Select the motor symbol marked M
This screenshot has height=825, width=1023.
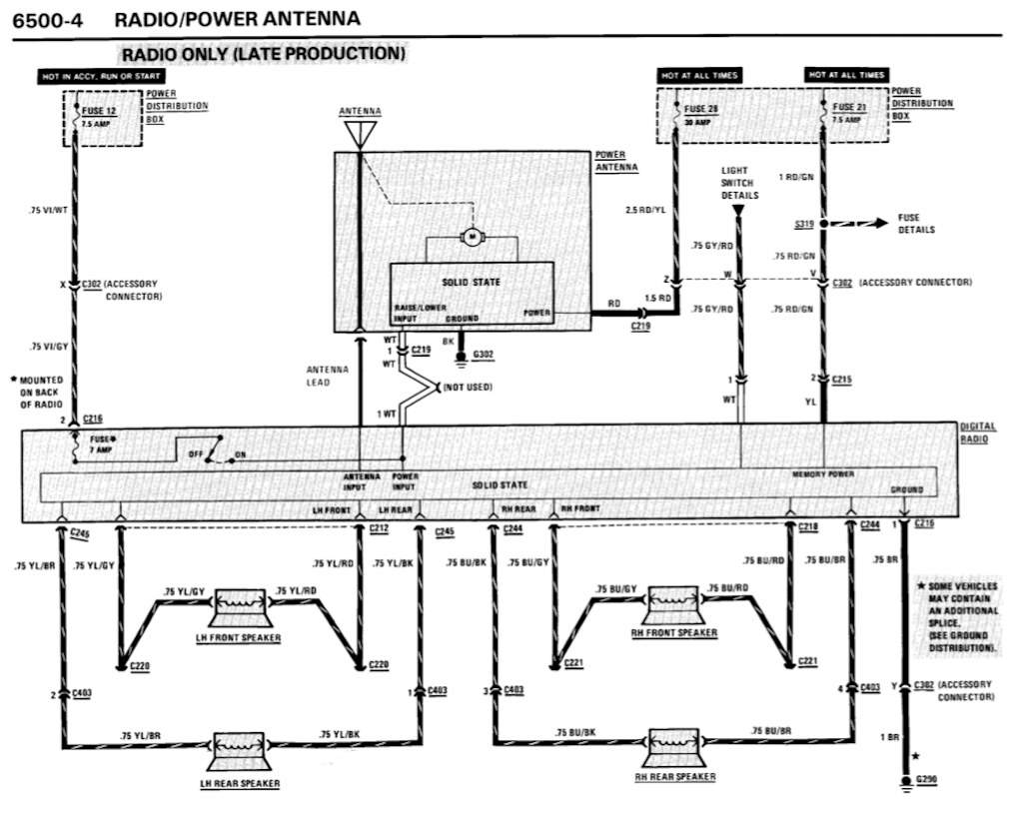(470, 237)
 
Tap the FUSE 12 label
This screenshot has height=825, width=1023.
(98, 111)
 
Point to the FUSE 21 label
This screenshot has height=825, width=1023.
(845, 108)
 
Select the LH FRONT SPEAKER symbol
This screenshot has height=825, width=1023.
(239, 605)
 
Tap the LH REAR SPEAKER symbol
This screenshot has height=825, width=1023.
(239, 747)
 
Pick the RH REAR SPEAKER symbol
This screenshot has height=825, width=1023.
(675, 747)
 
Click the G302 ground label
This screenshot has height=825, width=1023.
(483, 355)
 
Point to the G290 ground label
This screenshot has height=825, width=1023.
(927, 779)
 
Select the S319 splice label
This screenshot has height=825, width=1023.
(806, 225)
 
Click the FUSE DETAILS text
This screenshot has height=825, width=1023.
(916, 224)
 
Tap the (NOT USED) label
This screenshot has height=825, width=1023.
(469, 387)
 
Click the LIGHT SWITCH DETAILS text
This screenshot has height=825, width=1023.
(739, 183)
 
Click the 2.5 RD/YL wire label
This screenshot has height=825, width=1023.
(644, 211)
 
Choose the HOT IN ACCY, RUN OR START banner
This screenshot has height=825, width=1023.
(101, 76)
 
